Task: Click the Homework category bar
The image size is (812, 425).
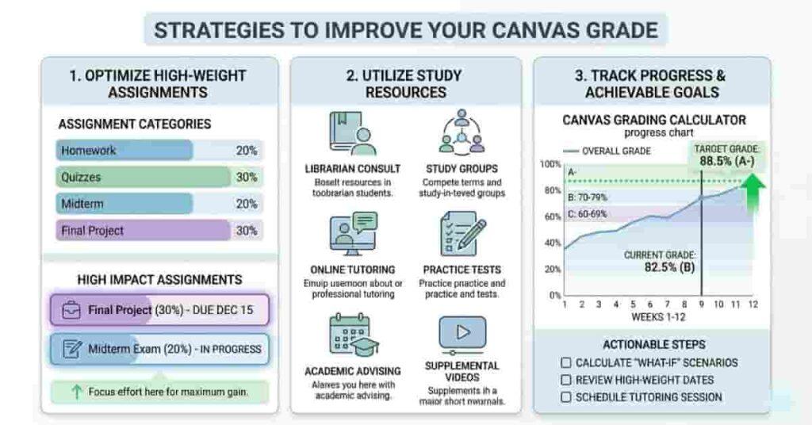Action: click(125, 151)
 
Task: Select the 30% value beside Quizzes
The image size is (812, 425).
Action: click(247, 178)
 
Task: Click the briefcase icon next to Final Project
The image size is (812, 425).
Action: click(71, 310)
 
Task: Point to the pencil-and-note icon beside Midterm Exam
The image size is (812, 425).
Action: click(71, 349)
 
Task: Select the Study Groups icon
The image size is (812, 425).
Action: click(462, 132)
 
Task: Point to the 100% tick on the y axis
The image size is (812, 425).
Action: click(550, 164)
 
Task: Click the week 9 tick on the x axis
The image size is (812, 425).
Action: click(700, 304)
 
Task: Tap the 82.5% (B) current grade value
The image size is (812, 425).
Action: click(661, 268)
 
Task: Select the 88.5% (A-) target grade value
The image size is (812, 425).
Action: click(726, 161)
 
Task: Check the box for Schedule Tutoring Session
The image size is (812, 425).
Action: click(565, 396)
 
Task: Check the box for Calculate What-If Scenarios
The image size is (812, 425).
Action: click(565, 362)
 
